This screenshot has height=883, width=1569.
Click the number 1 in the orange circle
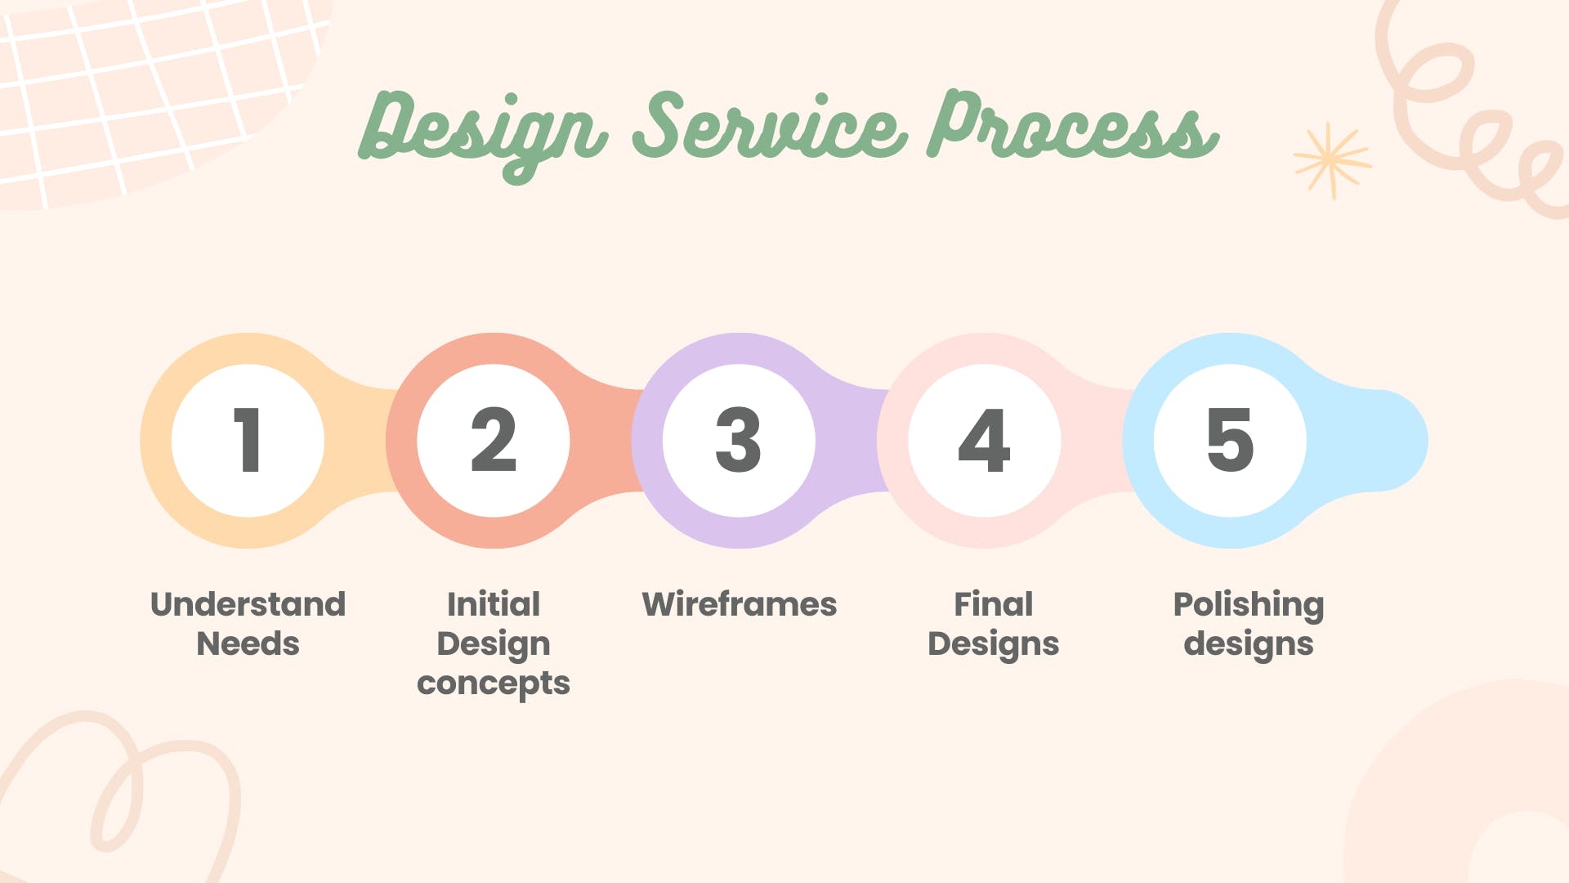(x=248, y=440)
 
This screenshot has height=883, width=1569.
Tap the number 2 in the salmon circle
(x=494, y=440)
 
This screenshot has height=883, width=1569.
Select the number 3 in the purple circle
(x=739, y=440)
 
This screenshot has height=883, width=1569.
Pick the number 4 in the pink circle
(x=984, y=440)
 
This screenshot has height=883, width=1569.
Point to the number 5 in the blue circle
(x=1230, y=440)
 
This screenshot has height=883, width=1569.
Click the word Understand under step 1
(x=248, y=604)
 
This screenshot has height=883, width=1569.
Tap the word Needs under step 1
(x=248, y=643)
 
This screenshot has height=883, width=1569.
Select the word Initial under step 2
(x=494, y=604)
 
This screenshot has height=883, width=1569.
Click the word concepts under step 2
(x=494, y=684)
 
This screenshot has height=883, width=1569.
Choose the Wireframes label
(x=740, y=604)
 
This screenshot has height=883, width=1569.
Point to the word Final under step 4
(x=994, y=604)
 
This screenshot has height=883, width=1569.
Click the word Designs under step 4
(x=994, y=644)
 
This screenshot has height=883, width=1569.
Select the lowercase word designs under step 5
(x=1249, y=644)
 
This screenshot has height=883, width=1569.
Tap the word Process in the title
(x=1073, y=124)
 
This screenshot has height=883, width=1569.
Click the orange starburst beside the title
(x=1332, y=161)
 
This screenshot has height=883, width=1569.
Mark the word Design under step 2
(x=494, y=644)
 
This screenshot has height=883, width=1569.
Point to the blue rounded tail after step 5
(x=1381, y=441)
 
